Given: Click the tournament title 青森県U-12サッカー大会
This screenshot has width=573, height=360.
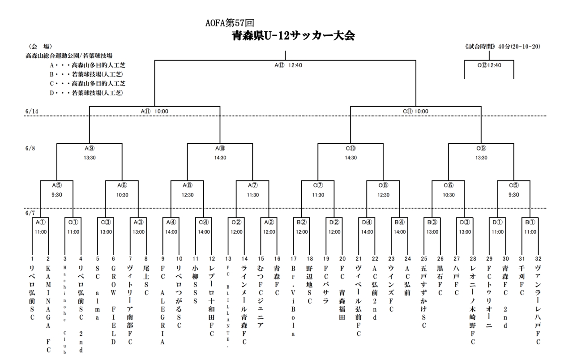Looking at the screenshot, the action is tap(293, 36).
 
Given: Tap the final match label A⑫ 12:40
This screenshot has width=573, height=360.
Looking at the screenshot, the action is tap(288, 65).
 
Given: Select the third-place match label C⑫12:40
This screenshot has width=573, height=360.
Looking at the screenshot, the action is tap(489, 65).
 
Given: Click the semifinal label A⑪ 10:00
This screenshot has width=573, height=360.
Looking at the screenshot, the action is tap(154, 111).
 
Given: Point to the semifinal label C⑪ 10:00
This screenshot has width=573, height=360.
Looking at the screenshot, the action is tap(415, 111).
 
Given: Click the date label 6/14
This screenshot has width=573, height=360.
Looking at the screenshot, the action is tap(32, 111).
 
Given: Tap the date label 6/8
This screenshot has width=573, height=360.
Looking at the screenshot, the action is tap(30, 148).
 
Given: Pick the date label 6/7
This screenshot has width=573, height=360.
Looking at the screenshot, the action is tap(30, 213).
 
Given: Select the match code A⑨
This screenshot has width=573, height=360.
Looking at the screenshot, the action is tap(90, 148).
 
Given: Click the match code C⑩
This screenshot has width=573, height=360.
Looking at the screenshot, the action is tap(351, 148).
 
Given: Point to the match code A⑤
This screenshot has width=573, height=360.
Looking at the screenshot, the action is tap(57, 185).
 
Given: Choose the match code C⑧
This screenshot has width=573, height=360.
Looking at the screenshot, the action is tap(383, 185).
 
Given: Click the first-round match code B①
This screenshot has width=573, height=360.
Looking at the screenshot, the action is tap(530, 223).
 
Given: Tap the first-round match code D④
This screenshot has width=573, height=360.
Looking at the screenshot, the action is tap(367, 223).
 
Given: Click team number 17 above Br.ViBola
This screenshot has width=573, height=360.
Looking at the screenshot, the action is tap(293, 259).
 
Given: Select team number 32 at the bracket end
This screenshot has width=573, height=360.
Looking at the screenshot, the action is tap(538, 259).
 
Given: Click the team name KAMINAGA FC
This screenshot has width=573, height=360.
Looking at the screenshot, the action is tap(48, 309).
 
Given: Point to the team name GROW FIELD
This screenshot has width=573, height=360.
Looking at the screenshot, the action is tap(113, 305).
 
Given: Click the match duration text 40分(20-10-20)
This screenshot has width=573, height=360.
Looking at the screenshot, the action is tap(519, 47).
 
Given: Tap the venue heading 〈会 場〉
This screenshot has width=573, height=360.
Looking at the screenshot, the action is tap(40, 47).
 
